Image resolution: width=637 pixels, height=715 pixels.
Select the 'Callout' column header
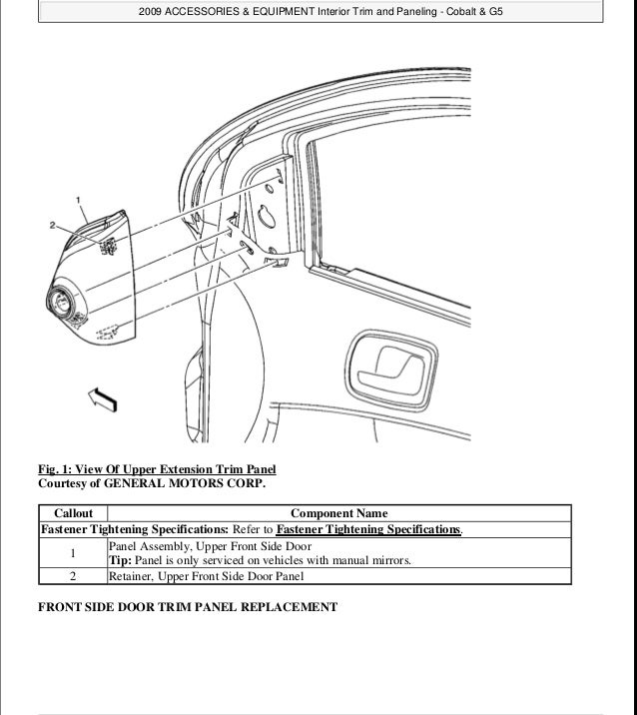pyautogui.click(x=73, y=513)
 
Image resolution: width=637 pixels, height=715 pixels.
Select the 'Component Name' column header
pyautogui.click(x=338, y=513)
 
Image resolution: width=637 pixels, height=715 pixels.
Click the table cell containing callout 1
pyautogui.click(x=73, y=553)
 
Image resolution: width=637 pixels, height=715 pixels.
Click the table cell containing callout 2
pyautogui.click(x=73, y=575)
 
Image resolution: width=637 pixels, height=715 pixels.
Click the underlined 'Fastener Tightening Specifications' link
pyautogui.click(x=367, y=529)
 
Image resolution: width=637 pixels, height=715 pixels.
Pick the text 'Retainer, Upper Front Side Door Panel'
pyautogui.click(x=205, y=575)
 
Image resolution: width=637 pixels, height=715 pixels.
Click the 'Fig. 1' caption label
pyautogui.click(x=55, y=469)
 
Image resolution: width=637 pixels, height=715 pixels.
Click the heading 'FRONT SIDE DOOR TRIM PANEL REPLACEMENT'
pyautogui.click(x=188, y=606)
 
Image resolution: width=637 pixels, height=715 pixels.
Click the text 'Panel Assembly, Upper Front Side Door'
pyautogui.click(x=210, y=546)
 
